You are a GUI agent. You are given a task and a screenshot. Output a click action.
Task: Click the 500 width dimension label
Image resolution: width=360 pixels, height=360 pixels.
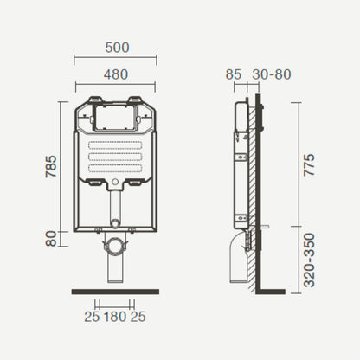tap(117, 48)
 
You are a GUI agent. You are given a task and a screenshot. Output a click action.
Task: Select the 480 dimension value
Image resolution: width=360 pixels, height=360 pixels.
tap(116, 74)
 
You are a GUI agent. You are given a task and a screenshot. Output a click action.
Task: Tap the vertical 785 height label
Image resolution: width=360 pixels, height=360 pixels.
tap(51, 166)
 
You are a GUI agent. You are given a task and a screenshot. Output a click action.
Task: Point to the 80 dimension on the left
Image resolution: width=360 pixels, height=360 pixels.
tap(51, 239)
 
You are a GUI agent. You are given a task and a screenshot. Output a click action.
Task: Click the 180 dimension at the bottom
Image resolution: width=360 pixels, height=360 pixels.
tap(115, 317)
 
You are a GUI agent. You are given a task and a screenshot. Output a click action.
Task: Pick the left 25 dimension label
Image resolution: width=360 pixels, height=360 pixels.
tap(92, 317)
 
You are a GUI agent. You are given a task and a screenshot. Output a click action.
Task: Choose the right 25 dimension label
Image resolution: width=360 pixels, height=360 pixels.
tap(138, 317)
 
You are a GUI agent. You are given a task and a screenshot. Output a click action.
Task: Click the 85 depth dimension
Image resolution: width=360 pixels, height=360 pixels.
tap(234, 74)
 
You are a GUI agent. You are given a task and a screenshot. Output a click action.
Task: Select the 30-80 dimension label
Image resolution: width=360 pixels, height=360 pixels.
tap(272, 74)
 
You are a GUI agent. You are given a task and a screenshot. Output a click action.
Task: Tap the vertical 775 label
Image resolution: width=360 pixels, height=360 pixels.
tap(310, 164)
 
